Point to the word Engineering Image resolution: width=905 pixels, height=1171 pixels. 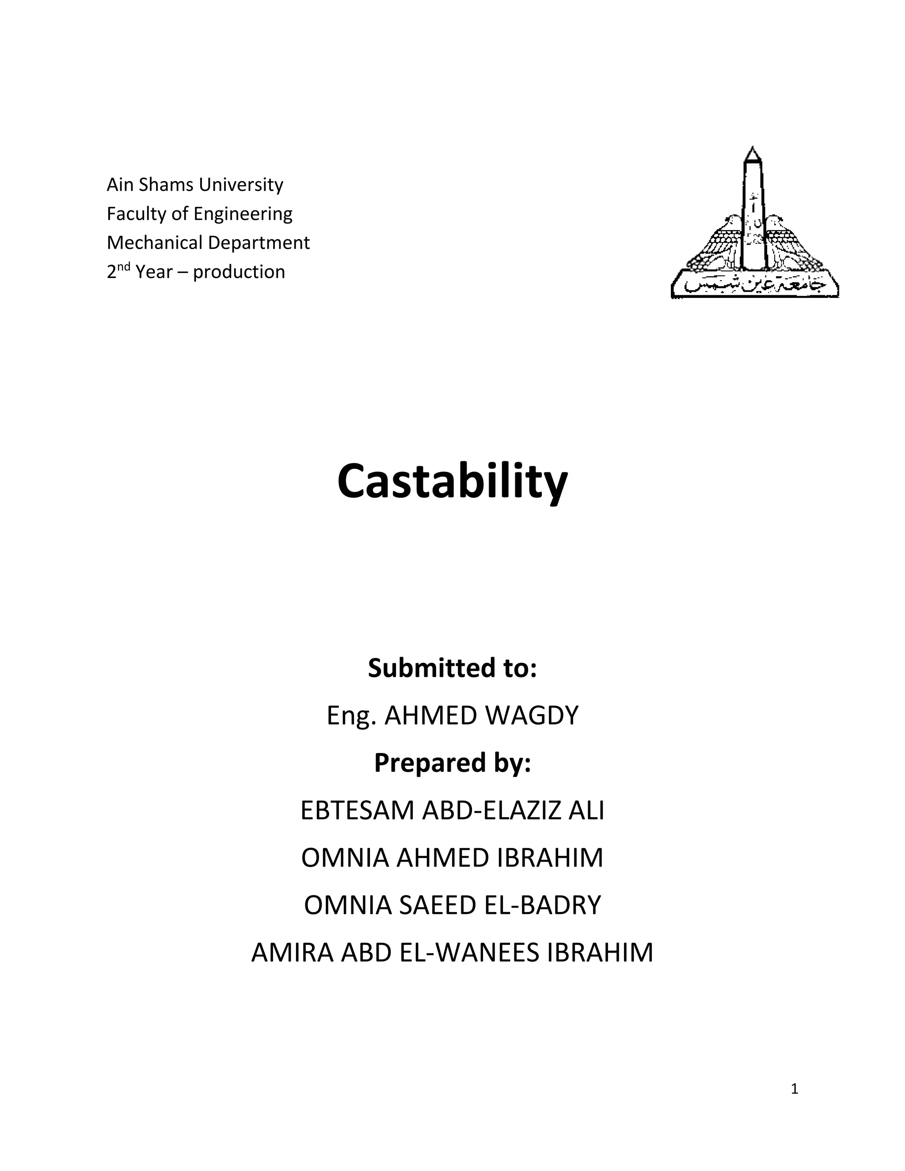(x=243, y=213)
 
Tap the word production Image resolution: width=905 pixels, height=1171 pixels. (x=239, y=272)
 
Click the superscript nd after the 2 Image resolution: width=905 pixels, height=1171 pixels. (x=124, y=266)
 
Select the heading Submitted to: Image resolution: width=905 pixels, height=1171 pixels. (x=452, y=668)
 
